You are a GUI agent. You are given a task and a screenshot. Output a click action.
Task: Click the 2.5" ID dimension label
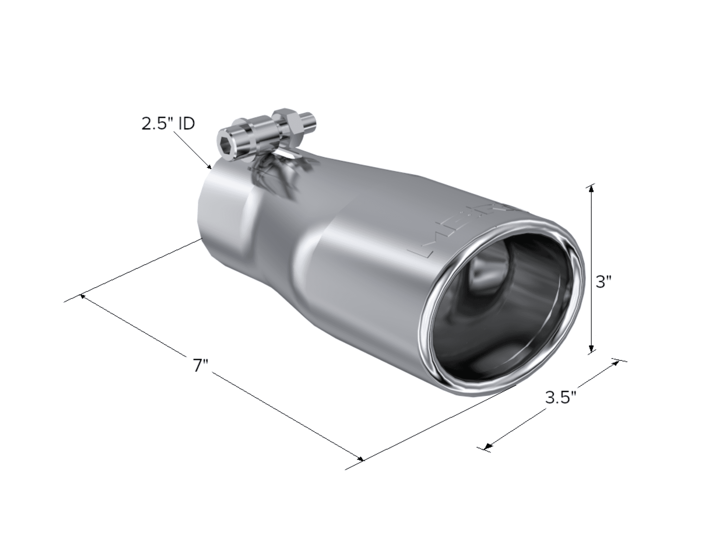tap(168, 124)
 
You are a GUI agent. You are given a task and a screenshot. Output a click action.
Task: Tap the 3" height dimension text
tap(604, 282)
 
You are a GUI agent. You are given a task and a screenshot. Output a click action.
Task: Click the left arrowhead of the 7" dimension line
tap(83, 296)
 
